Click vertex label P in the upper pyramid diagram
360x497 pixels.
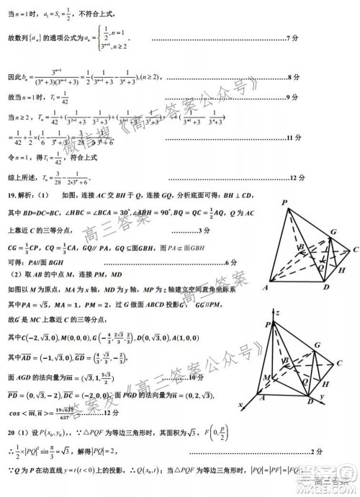[285, 202]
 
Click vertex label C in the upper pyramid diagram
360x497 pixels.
[356, 249]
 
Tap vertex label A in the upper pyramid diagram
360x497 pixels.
[266, 289]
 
